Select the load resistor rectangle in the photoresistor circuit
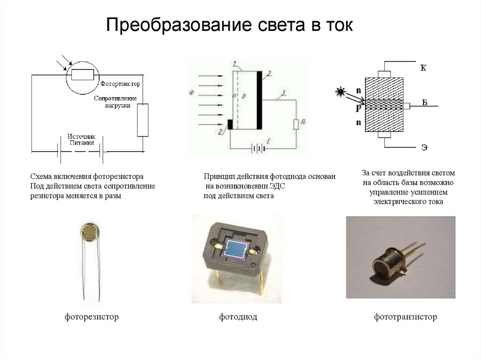[x=143, y=120]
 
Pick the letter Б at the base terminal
[x=424, y=103]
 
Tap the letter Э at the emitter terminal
[x=424, y=148]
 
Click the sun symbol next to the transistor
[x=340, y=92]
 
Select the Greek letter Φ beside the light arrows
[x=192, y=93]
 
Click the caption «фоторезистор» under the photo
[x=92, y=317]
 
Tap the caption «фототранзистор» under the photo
[x=405, y=317]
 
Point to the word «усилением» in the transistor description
[x=428, y=192]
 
